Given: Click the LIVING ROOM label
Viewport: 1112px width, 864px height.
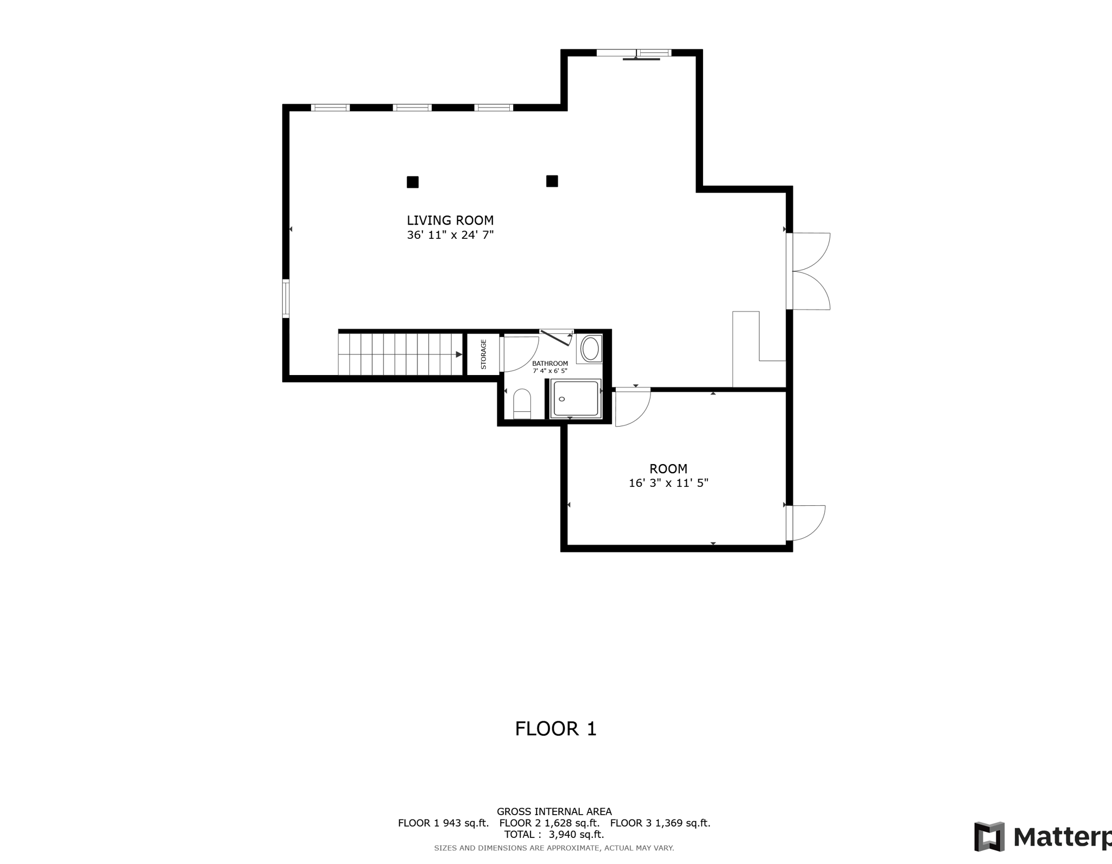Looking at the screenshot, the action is (450, 220).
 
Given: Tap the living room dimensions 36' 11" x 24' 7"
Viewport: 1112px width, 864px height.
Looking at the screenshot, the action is (450, 235).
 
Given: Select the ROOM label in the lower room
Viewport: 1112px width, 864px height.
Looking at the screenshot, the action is (668, 468).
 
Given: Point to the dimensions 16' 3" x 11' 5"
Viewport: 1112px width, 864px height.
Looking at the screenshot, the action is (668, 483).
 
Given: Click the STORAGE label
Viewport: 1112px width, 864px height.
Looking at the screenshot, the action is (483, 354).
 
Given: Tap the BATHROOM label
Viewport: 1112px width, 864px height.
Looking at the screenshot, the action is (550, 364).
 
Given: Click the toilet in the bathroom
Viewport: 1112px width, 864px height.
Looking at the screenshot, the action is (522, 404).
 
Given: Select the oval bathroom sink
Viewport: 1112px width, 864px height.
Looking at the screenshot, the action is (591, 348).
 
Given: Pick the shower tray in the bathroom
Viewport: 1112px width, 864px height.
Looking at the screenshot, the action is (576, 399).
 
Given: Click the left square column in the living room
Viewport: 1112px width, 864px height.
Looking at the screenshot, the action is (413, 182).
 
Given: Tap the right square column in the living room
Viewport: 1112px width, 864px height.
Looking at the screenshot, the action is (552, 181).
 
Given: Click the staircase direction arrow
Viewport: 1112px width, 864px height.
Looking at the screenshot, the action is (459, 354).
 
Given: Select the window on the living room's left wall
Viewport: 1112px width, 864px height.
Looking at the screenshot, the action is (286, 297).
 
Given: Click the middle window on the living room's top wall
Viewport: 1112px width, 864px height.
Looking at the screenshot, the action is (412, 107).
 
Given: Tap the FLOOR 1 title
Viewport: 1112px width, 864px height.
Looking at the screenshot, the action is (555, 728).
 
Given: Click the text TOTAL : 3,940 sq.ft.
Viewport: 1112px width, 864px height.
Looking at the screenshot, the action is (554, 834).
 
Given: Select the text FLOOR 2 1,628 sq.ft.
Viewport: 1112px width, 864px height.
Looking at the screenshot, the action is (549, 823).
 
